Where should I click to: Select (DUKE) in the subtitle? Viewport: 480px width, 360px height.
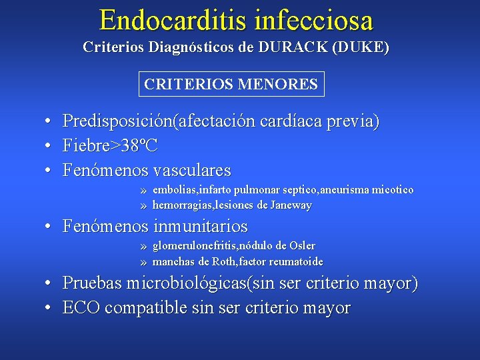364,48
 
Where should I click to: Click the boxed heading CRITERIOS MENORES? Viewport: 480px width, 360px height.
231,85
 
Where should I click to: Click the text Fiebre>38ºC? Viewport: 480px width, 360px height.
110,145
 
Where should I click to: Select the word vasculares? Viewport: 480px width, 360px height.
192,170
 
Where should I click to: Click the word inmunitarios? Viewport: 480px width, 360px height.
201,227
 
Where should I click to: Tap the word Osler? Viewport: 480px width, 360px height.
301,246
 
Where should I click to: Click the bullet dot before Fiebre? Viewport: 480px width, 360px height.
49,146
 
